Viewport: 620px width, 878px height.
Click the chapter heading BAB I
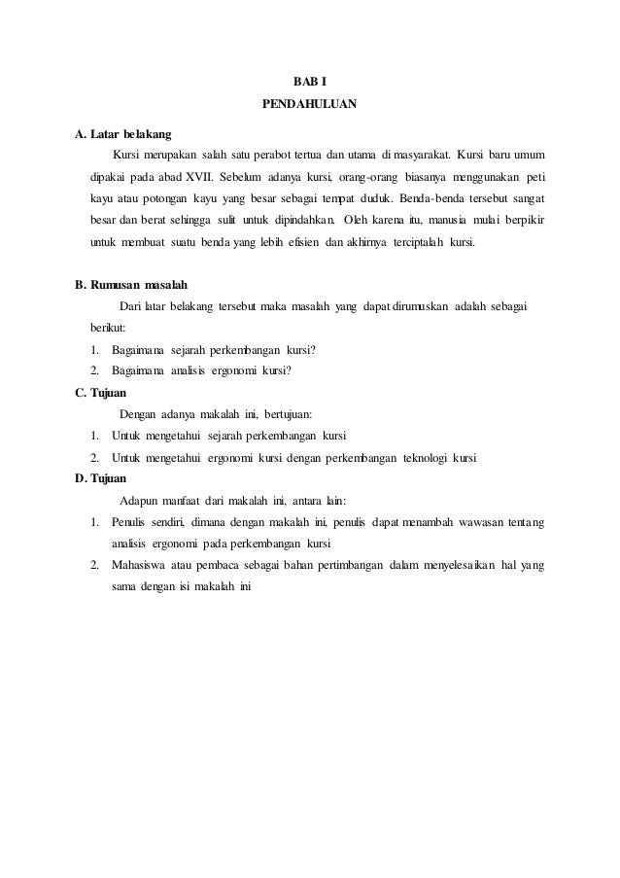pyautogui.click(x=310, y=80)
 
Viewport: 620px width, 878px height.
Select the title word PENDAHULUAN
pyautogui.click(x=310, y=102)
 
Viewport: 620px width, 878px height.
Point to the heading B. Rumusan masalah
pyautogui.click(x=131, y=286)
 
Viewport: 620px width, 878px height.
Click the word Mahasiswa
pyautogui.click(x=141, y=565)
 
